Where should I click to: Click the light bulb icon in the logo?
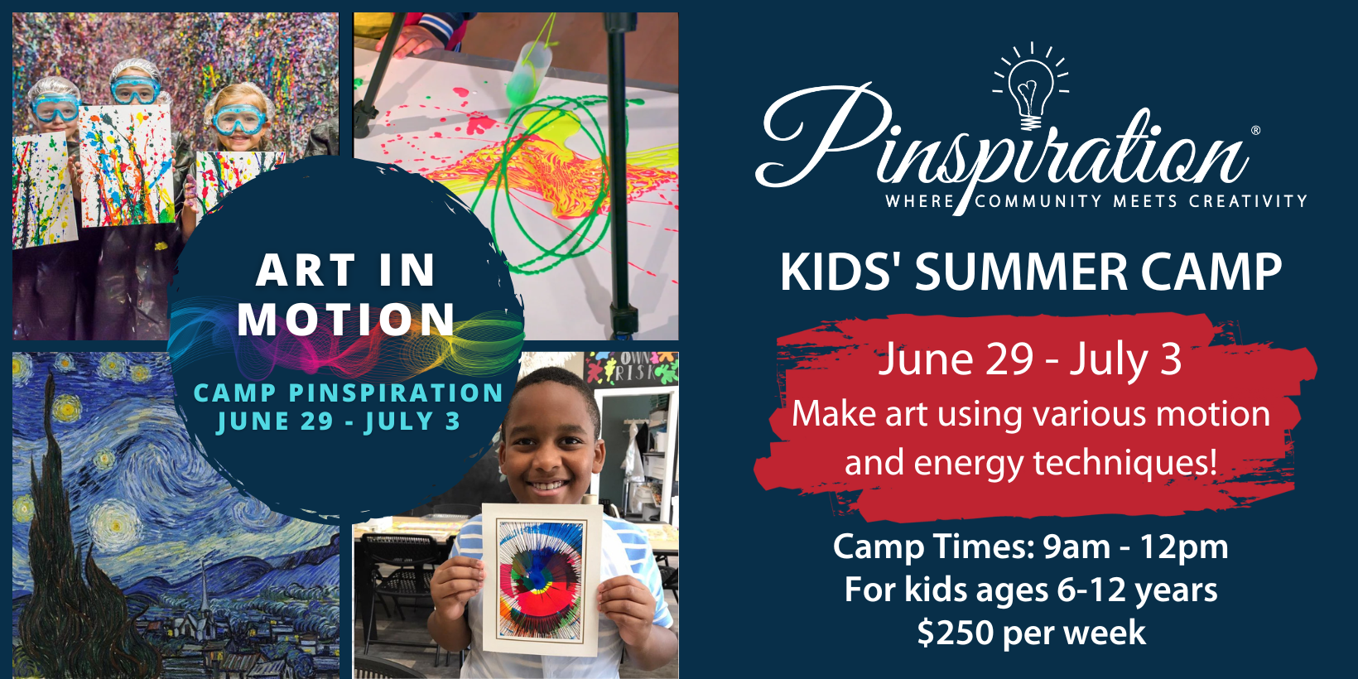coord(1030,87)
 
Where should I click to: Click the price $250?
coord(955,633)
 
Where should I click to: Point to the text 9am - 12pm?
coord(1135,547)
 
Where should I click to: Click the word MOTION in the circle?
coord(346,319)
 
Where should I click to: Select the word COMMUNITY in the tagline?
coord(1038,200)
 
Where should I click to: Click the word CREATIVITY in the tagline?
coord(1248,200)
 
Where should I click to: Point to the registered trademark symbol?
coord(1255,130)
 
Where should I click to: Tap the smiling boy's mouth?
coord(547,485)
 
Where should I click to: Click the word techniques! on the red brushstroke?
coord(1125,463)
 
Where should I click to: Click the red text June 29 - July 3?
coord(1030,359)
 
